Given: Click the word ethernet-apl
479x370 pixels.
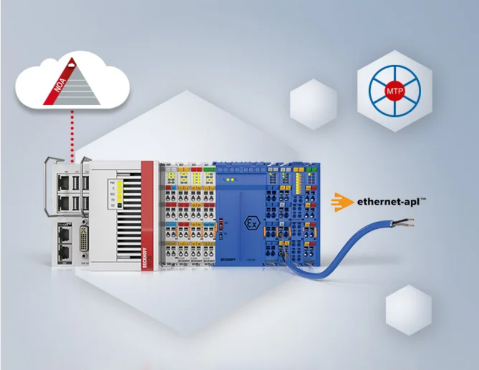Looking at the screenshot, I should (391, 202).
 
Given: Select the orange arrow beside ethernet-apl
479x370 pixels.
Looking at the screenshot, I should (342, 202).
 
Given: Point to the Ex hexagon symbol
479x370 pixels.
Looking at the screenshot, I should (250, 221).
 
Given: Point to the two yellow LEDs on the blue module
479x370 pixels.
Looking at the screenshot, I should (232, 180).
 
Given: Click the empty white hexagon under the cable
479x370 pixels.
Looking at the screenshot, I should (408, 310).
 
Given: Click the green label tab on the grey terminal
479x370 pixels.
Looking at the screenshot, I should (207, 169).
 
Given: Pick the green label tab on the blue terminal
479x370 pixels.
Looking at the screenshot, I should (312, 170).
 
